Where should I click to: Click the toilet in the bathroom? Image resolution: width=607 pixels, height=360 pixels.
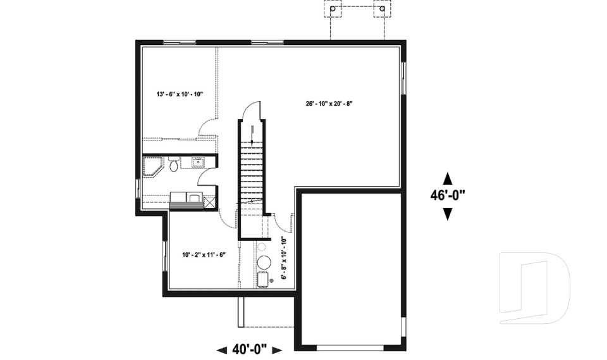click(x=174, y=164)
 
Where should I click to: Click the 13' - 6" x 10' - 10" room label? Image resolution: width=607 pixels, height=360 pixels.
click(x=180, y=94)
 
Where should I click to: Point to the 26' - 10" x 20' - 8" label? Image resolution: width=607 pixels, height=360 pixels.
click(x=329, y=104)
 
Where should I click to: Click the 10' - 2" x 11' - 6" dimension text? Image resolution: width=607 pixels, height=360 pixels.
click(x=204, y=254)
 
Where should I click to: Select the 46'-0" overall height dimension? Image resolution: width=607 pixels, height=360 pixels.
click(x=448, y=195)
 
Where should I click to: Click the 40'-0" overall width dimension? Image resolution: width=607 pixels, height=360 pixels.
click(x=250, y=349)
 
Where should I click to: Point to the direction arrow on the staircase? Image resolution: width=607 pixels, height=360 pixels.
click(x=252, y=135)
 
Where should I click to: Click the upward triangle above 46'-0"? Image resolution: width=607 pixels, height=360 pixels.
click(x=448, y=178)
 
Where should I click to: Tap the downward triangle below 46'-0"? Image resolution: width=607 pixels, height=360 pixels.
click(x=448, y=214)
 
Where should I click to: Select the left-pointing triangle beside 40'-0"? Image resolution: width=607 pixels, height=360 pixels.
click(x=222, y=351)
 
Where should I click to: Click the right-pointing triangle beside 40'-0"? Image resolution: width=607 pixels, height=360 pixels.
click(x=278, y=351)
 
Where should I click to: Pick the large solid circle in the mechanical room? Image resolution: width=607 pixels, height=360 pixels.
click(x=264, y=263)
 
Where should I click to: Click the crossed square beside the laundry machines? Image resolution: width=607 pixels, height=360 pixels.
click(x=209, y=202)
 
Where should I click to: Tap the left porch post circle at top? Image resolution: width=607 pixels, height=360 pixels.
click(x=333, y=8)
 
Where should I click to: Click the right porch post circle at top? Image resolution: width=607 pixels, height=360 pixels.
click(x=383, y=8)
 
